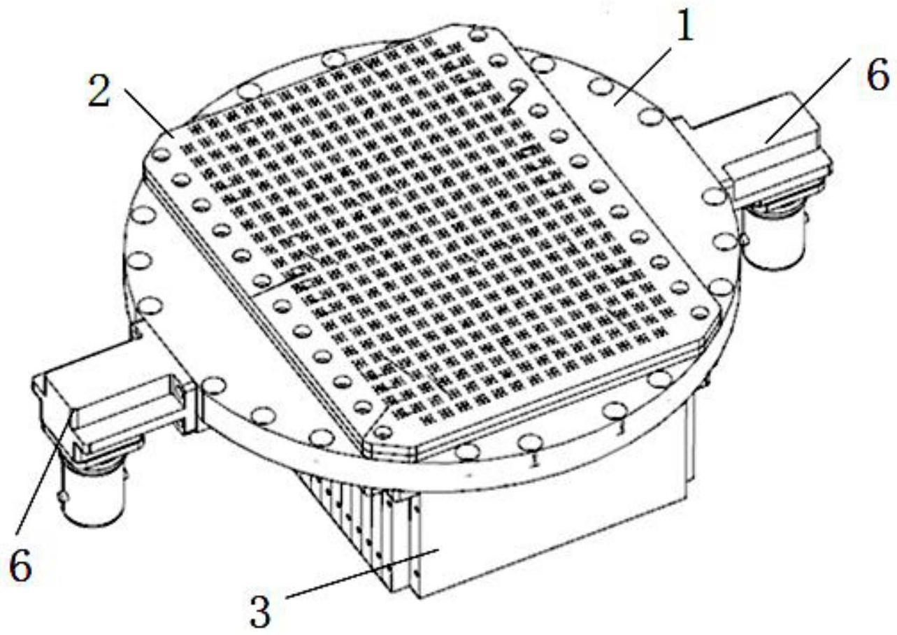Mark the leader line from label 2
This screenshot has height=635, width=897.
150,113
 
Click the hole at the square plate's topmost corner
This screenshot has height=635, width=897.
478,35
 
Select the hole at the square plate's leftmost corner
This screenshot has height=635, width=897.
161,155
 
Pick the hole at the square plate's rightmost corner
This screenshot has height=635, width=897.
700,313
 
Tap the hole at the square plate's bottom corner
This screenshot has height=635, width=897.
383,432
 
